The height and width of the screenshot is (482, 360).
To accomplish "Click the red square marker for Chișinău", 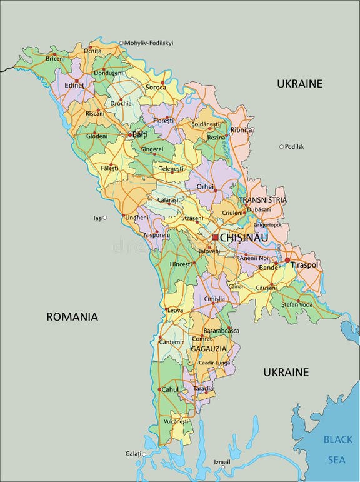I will pyautogui.click(x=215, y=238).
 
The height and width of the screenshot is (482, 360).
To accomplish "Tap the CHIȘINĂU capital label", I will pyautogui.click(x=244, y=238).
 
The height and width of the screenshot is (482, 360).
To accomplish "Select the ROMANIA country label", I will pyautogui.click(x=72, y=317).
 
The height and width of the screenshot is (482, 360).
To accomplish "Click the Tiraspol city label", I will pyautogui.click(x=304, y=265).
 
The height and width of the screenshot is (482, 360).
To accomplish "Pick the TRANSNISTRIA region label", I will pyautogui.click(x=262, y=200).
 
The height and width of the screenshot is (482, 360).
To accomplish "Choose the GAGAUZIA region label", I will pyautogui.click(x=208, y=349).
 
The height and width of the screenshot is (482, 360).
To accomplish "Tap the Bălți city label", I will pyautogui.click(x=141, y=134).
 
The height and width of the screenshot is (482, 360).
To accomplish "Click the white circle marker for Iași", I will pyautogui.click(x=104, y=218).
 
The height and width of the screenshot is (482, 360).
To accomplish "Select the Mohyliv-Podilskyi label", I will pyautogui.click(x=149, y=43).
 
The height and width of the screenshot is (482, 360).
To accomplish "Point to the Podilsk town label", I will pyautogui.click(x=294, y=147).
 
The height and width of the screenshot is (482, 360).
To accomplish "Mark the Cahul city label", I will pyautogui.click(x=171, y=389).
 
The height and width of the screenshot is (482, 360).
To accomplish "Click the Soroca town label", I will pyautogui.click(x=156, y=88).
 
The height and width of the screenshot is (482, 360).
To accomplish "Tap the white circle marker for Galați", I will pyautogui.click(x=144, y=454).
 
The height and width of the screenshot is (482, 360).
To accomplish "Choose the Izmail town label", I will pyautogui.click(x=222, y=463).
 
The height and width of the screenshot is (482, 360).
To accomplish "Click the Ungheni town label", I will pyautogui.click(x=136, y=218).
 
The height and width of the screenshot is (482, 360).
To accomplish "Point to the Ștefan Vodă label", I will pyautogui.click(x=297, y=304).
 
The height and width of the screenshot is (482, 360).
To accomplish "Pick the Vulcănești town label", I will pyautogui.click(x=176, y=422).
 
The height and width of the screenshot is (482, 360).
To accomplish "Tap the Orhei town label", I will pyautogui.click(x=205, y=186).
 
